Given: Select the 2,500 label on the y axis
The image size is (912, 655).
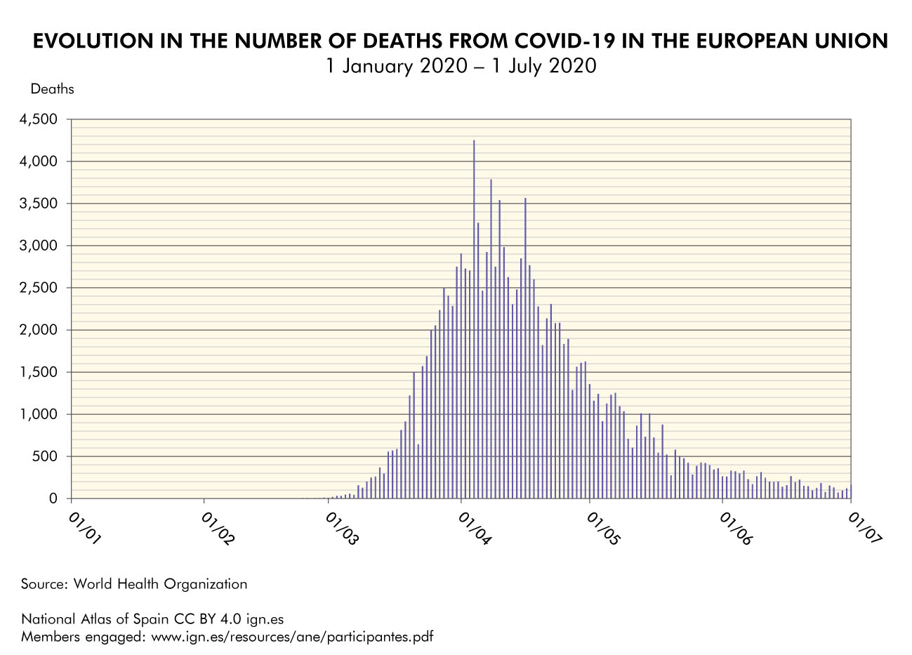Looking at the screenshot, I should click(41, 289).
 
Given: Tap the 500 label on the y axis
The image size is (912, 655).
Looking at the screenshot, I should click(47, 457).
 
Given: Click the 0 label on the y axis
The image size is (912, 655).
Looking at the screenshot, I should click(53, 499).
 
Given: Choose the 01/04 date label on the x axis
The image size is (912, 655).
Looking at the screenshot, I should click(475, 529).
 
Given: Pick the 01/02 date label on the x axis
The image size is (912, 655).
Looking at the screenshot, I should click(218, 529).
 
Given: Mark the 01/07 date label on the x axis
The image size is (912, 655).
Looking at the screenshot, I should click(864, 529).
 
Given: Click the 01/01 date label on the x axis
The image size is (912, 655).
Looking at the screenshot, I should click(85, 529).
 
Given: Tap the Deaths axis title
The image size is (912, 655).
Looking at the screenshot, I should click(52, 89).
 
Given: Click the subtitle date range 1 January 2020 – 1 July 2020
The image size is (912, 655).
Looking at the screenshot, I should click(460, 66).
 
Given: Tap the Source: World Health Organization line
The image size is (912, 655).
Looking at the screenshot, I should click(134, 584).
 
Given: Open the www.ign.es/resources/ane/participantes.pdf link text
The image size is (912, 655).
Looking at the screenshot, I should click(292, 637).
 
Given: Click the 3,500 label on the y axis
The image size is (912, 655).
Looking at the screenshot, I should click(41, 204).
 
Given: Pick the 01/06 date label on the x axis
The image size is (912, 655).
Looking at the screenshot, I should click(735, 529).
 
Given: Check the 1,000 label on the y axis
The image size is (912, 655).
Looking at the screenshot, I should click(41, 415).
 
